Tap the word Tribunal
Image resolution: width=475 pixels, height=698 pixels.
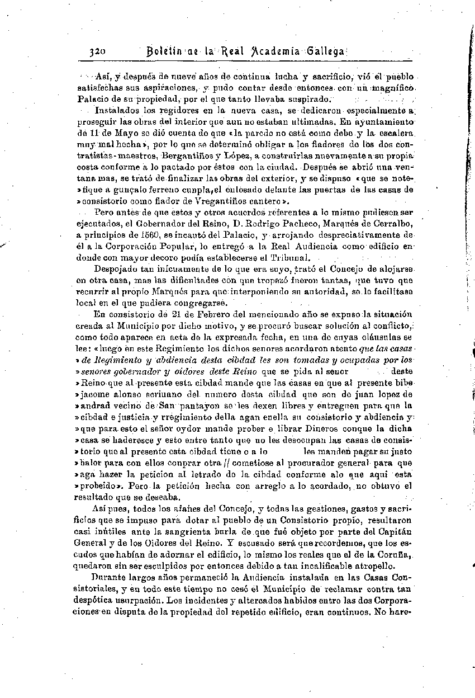pyautogui.click(x=289, y=257)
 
